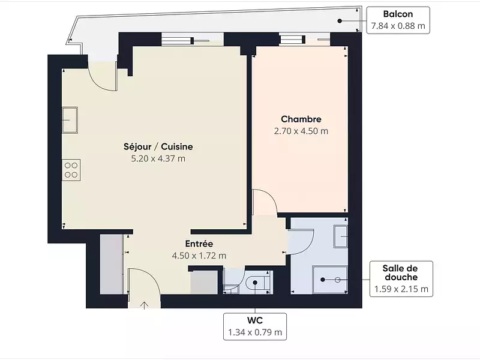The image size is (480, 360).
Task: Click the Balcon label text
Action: click(398, 14)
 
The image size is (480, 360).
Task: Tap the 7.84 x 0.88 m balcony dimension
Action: click(398, 26)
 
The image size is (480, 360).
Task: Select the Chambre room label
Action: click(301, 119)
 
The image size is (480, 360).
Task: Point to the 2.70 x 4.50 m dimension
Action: click(301, 131)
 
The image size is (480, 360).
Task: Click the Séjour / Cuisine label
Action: click(158, 146)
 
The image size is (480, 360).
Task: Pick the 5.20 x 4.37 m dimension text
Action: click(158, 158)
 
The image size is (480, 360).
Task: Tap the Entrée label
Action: click(199, 244)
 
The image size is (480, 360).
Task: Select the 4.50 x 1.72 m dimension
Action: click(199, 256)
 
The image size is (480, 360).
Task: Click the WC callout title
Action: click(255, 320)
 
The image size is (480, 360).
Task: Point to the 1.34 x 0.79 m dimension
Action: click(255, 332)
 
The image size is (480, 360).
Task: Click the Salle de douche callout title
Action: click(400, 273)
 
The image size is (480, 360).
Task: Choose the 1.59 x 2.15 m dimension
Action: click(401, 289)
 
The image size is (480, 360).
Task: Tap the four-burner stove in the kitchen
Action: click(71, 170)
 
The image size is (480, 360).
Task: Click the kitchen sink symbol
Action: click(70, 120)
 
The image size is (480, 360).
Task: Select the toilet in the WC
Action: click(258, 282)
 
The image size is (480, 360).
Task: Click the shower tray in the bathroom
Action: click(330, 280)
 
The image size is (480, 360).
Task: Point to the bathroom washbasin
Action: click(340, 236)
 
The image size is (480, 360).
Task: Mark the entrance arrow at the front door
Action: click(144, 305)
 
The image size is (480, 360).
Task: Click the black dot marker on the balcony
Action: click(340, 21)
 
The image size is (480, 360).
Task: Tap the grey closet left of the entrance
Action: click(112, 265)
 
